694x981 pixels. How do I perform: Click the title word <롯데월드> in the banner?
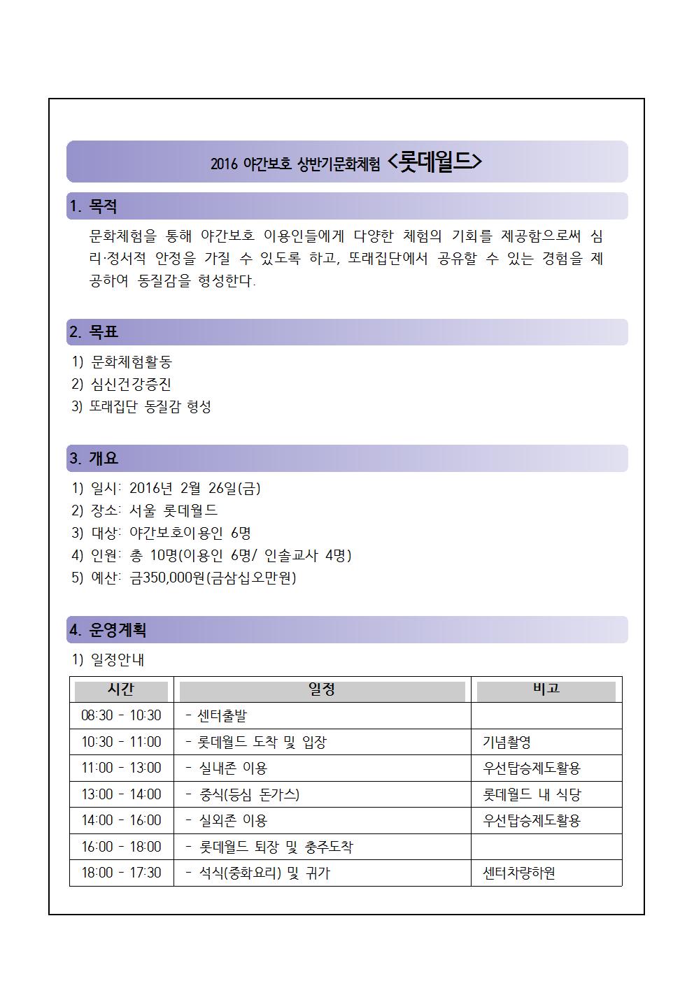coord(434,162)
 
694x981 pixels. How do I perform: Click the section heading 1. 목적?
coord(93,207)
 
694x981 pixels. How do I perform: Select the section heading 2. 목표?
coord(93,332)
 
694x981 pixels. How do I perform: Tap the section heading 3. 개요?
coord(93,459)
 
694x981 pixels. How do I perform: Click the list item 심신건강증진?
coord(131,385)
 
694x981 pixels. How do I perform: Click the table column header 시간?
coord(121,689)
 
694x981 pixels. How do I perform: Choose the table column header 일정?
coord(322,689)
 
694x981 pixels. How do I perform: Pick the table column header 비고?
coord(546,689)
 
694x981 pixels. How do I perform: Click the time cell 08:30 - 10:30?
coord(121,716)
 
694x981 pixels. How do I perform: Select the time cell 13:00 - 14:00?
coord(121,794)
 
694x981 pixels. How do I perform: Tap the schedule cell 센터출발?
coord(222,716)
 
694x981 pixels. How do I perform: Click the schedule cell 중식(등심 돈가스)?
coord(249,794)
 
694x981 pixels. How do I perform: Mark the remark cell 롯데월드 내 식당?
coord(532,794)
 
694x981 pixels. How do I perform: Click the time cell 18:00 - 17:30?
coord(121,873)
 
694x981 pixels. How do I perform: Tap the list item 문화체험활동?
coord(131,362)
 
